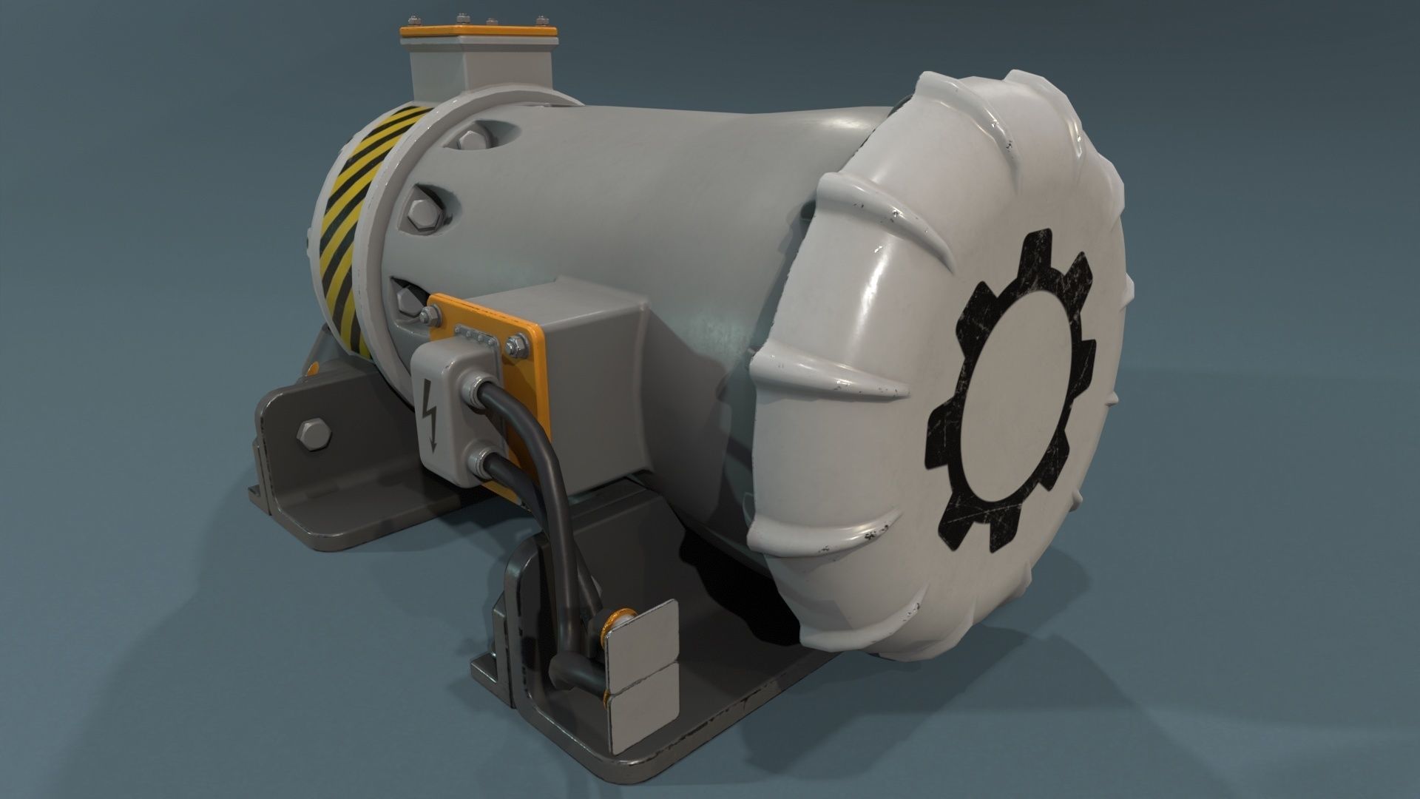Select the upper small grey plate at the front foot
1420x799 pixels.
(x=642, y=632)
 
